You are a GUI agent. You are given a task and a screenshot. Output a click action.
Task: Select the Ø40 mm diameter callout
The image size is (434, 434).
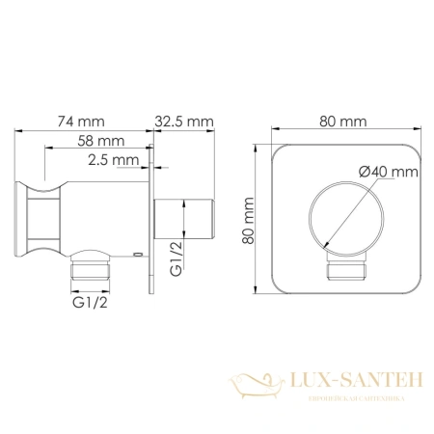tap(388, 171)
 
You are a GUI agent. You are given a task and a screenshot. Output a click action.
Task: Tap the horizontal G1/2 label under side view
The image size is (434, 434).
tap(91, 304)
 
